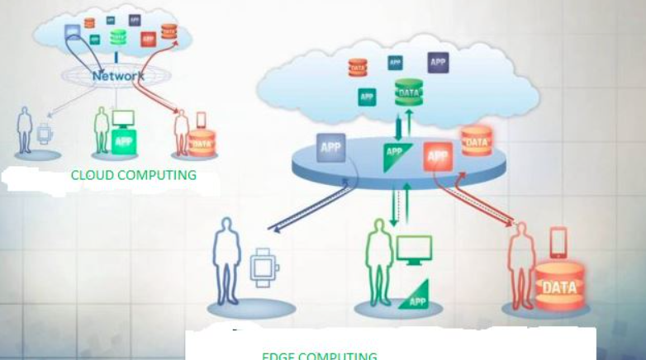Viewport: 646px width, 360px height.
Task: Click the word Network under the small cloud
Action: click(118, 76)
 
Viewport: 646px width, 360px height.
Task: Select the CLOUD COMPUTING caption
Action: click(133, 175)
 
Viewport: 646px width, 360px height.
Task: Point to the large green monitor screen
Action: click(414, 249)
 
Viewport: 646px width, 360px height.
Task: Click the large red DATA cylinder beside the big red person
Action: click(559, 288)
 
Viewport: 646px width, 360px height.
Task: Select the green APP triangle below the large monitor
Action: click(416, 297)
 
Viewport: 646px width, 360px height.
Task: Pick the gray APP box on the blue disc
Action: click(330, 147)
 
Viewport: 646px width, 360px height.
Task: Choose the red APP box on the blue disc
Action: click(438, 155)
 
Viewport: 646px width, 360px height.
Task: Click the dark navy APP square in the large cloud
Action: click(438, 63)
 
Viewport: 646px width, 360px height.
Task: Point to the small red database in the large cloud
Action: click(357, 67)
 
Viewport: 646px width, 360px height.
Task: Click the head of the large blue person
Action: click(225, 225)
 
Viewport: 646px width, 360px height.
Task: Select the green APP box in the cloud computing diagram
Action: click(124, 141)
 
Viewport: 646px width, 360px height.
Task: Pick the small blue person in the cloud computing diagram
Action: click(25, 130)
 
